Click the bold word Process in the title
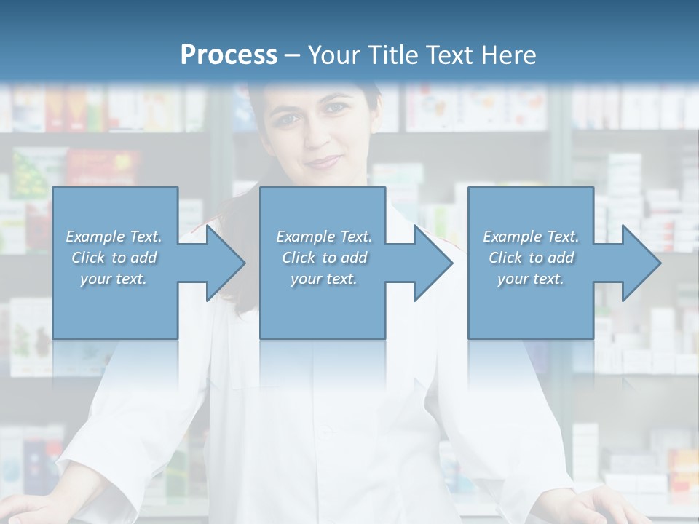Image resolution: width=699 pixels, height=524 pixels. [229, 55]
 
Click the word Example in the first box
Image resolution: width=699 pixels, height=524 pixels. [95, 237]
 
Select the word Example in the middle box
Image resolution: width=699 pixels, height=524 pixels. [305, 237]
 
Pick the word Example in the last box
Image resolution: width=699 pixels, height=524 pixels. [512, 237]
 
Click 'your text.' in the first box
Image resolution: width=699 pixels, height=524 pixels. [114, 278]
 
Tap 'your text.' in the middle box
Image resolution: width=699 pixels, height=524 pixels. [324, 278]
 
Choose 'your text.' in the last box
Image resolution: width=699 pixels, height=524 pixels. [531, 278]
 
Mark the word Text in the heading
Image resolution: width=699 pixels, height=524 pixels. [446, 55]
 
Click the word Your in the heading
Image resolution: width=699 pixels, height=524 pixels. [333, 55]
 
